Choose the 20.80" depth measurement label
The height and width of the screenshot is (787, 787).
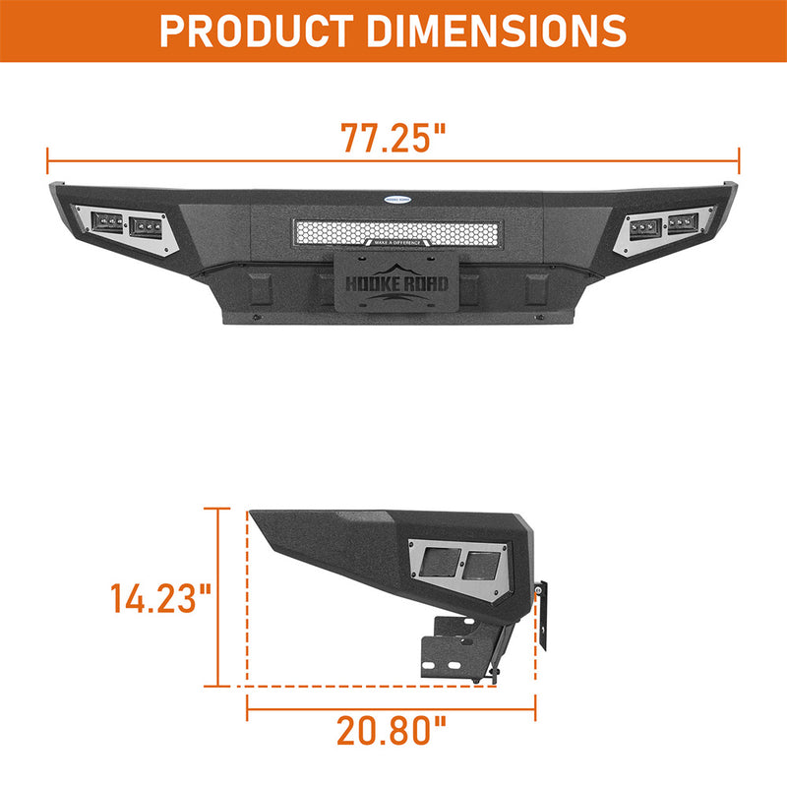point(392,730)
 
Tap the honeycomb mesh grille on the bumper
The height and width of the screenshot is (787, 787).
point(393,232)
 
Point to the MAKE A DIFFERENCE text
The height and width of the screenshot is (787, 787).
point(394,242)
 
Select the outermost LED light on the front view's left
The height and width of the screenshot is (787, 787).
point(107,221)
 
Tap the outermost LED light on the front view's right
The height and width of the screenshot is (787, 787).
point(683,221)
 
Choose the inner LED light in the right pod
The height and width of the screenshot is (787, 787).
point(644,227)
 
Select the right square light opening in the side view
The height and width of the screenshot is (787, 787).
point(481,568)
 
